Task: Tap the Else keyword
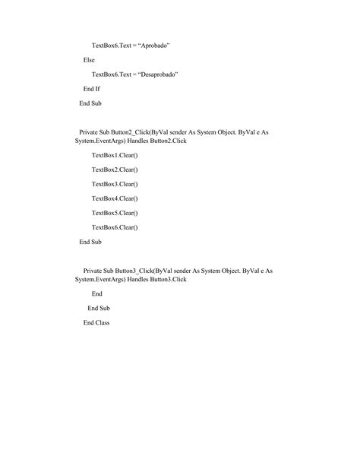(x=89, y=59)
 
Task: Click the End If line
(x=92, y=88)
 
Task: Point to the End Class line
(x=96, y=322)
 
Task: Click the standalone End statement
(x=97, y=293)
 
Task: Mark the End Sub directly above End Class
(x=99, y=308)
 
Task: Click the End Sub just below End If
(x=90, y=103)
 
